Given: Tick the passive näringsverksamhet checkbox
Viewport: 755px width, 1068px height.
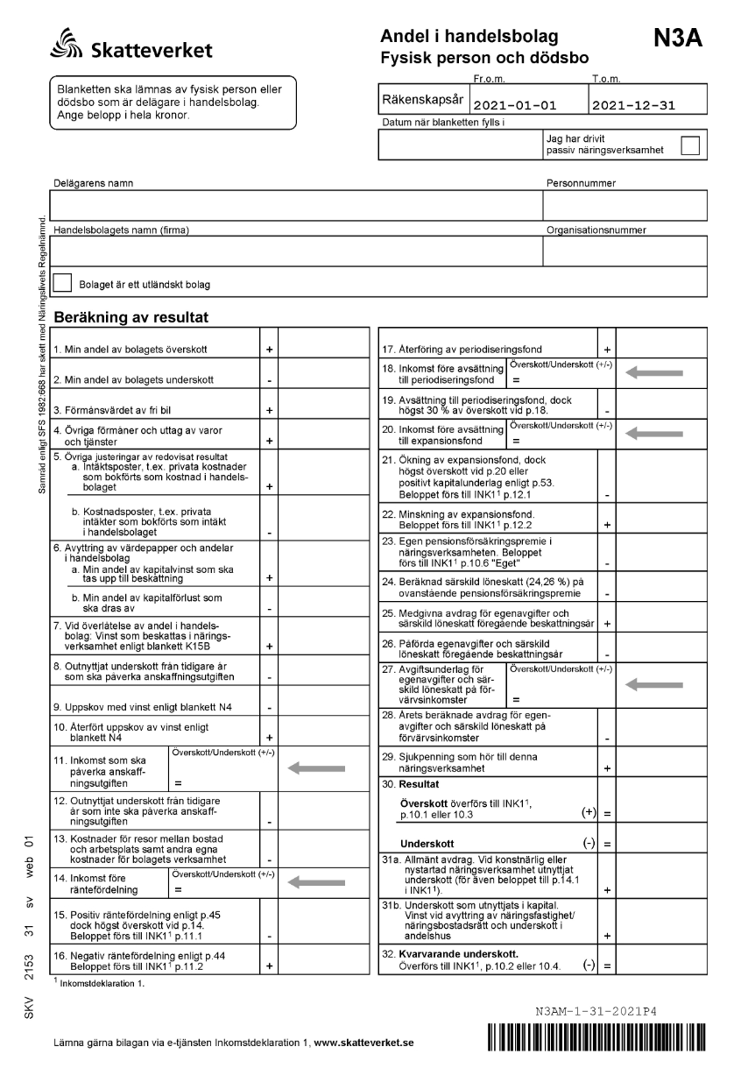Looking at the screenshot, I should [690, 145].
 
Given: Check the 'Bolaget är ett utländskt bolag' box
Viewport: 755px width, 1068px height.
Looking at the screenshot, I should [63, 283].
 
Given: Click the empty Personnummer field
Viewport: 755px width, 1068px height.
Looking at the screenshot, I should [624, 205].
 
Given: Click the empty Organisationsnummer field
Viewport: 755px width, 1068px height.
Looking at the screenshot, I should [624, 251].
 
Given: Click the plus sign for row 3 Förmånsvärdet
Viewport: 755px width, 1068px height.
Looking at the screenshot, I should [270, 410].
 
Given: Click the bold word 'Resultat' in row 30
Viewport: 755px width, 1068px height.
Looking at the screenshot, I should [420, 782].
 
